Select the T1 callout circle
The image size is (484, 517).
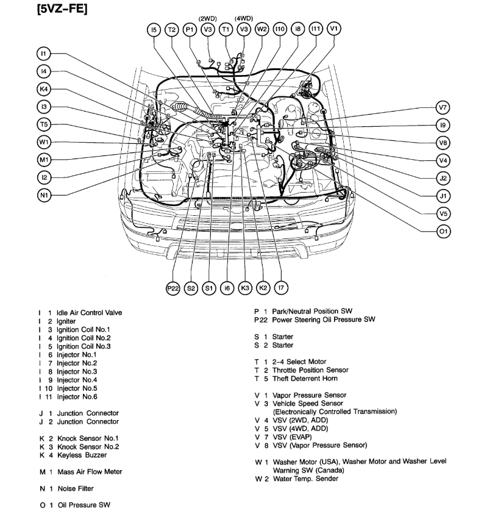[226, 29]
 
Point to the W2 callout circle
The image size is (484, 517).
[262, 29]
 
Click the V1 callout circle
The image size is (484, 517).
[334, 29]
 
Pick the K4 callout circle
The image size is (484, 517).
[43, 89]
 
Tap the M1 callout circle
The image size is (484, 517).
[43, 160]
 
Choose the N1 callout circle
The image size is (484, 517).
[43, 195]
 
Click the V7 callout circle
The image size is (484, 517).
[443, 107]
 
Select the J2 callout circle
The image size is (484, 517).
[443, 178]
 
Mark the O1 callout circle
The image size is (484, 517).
[443, 231]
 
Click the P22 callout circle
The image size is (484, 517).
[173, 288]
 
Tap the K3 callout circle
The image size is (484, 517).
[244, 288]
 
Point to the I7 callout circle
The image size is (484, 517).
[280, 288]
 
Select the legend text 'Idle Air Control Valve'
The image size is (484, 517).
[89, 313]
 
